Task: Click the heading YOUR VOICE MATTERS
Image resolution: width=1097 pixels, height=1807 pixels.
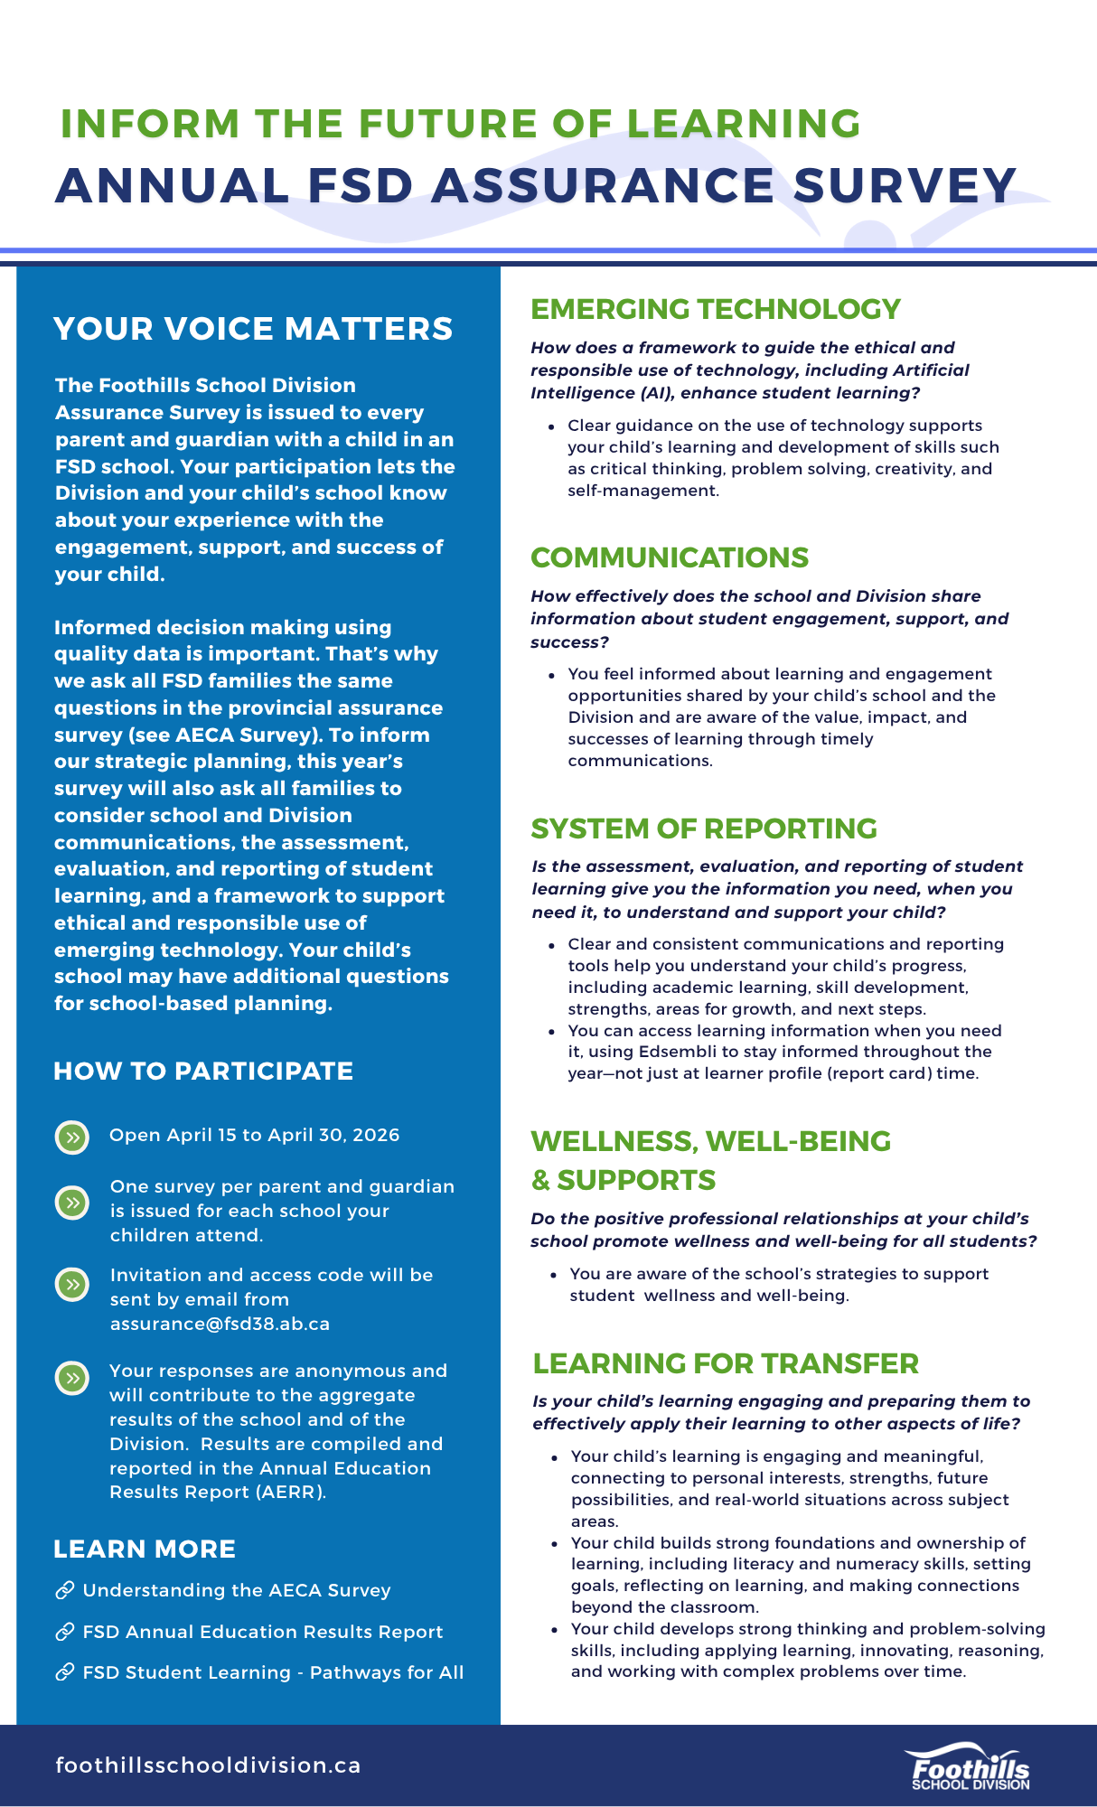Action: click(x=253, y=329)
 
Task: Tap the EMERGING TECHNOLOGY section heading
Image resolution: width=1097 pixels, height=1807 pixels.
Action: click(x=715, y=309)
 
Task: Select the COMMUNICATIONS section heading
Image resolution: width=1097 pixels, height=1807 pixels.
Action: click(x=669, y=557)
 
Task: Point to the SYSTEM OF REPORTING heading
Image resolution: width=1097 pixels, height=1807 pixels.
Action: click(x=703, y=829)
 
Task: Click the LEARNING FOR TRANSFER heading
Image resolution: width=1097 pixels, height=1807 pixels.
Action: click(x=725, y=1363)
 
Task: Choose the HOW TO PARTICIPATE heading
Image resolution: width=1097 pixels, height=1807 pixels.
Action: click(x=203, y=1072)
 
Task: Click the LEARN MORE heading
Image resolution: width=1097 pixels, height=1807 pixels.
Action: click(x=145, y=1550)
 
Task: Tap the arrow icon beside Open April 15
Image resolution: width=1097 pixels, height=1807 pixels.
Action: click(x=72, y=1137)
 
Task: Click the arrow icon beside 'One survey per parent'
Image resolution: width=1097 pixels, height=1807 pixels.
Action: click(x=72, y=1203)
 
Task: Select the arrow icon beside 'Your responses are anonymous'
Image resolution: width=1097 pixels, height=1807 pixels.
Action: click(x=72, y=1378)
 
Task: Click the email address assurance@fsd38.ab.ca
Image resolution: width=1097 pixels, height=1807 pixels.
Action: click(x=220, y=1324)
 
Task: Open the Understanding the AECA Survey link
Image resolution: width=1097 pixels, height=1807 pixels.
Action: click(x=236, y=1590)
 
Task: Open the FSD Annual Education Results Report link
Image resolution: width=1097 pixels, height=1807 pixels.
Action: click(x=262, y=1632)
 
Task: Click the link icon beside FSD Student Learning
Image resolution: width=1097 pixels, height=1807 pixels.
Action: click(x=64, y=1672)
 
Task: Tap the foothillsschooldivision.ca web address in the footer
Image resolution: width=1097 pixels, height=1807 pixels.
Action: click(x=208, y=1765)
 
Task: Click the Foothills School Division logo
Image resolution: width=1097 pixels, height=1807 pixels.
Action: click(x=970, y=1767)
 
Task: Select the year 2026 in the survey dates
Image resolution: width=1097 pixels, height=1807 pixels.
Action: click(x=376, y=1135)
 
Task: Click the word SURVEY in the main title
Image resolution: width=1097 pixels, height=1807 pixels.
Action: click(x=905, y=185)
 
